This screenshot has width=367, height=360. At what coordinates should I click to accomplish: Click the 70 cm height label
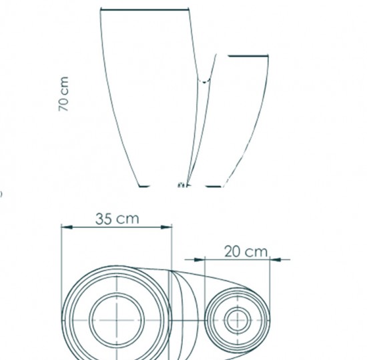click(x=63, y=94)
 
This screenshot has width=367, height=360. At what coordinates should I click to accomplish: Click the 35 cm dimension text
click(x=117, y=219)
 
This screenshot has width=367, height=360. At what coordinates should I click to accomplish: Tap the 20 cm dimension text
click(x=246, y=252)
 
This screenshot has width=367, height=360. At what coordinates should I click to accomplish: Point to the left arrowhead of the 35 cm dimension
click(x=67, y=227)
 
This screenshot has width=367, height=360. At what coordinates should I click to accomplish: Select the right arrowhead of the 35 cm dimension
click(x=166, y=227)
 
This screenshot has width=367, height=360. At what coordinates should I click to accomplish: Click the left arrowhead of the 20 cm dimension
click(x=200, y=259)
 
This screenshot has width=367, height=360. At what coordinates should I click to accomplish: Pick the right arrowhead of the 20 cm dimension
click(x=275, y=259)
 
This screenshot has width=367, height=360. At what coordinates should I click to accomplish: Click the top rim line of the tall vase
click(x=145, y=9)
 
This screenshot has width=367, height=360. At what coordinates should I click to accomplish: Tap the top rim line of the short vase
click(x=248, y=56)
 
